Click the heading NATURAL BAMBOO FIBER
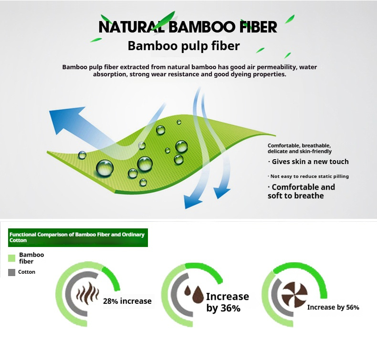click(188, 27)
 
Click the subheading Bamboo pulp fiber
click(183, 46)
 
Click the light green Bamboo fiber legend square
click(12, 258)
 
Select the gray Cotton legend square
click(12, 272)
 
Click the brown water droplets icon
click(193, 295)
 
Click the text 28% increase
click(127, 301)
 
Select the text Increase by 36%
click(227, 302)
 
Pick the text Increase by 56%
click(333, 308)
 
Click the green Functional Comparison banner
click(77, 237)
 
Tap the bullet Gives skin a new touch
click(308, 162)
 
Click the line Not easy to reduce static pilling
click(308, 176)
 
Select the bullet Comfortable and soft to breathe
click(301, 191)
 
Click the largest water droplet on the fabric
click(105, 167)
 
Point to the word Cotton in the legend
click(27, 272)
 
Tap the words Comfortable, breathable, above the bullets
click(299, 145)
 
